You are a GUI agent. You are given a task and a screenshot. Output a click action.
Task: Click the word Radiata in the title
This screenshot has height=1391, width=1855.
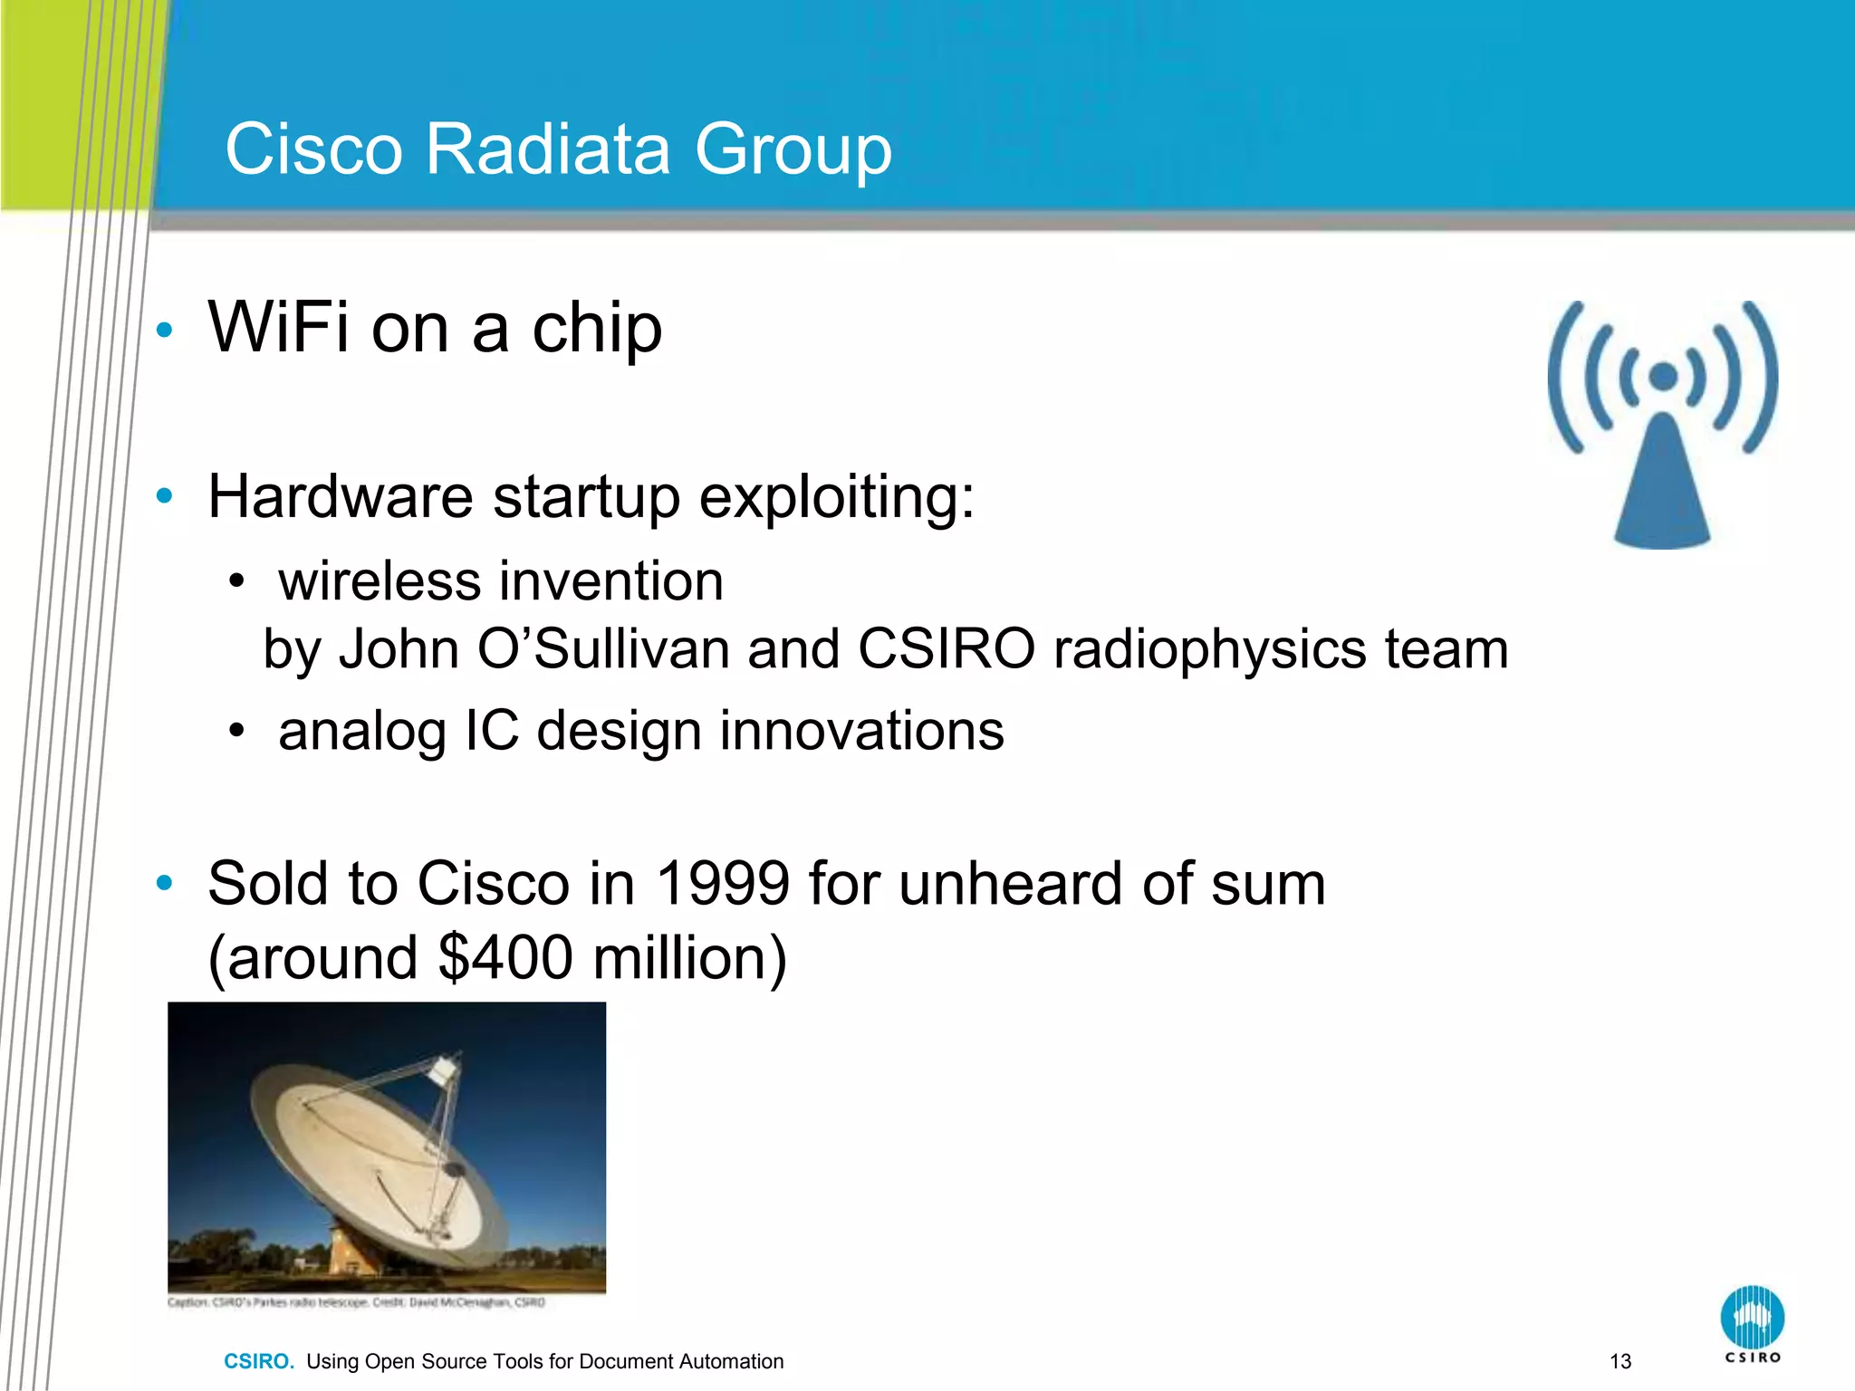[x=547, y=149]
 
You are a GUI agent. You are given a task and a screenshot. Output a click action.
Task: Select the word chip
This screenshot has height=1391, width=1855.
[x=597, y=328]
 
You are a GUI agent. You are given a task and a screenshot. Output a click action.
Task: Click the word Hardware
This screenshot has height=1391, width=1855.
[x=341, y=497]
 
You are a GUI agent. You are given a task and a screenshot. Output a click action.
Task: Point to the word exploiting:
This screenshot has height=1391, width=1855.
[x=837, y=497]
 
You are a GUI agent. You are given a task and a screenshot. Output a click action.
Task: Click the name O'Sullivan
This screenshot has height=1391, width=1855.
[x=603, y=649]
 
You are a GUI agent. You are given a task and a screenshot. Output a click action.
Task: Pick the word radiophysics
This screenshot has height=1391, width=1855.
[x=1210, y=649]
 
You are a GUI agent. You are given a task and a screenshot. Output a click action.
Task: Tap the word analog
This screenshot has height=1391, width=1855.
[x=362, y=731]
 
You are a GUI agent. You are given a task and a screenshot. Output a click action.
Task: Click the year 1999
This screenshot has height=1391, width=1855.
[x=722, y=883]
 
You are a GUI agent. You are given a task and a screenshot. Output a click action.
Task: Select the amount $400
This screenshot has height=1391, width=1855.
[x=505, y=958]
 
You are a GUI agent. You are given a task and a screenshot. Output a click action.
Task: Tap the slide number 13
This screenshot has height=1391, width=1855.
[x=1620, y=1361]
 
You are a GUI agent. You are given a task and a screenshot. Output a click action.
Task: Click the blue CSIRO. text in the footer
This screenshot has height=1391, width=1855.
[x=259, y=1361]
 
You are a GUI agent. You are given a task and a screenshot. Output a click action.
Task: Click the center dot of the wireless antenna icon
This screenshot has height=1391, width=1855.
[x=1663, y=376]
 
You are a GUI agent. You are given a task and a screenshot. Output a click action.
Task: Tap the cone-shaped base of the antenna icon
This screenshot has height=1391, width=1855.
[x=1663, y=494]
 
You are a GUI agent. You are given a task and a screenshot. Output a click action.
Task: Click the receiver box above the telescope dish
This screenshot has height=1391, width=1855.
[x=444, y=1070]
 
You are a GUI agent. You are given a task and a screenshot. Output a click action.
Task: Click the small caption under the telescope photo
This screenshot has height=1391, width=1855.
[x=357, y=1302]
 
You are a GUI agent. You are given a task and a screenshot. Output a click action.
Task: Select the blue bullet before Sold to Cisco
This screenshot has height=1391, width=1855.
[x=164, y=883]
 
